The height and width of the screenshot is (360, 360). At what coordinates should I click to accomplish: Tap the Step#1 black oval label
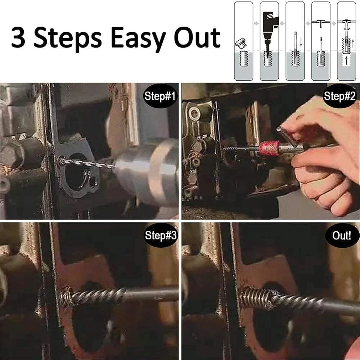(159, 96)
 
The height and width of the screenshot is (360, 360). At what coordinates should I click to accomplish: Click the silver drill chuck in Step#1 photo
(144, 169)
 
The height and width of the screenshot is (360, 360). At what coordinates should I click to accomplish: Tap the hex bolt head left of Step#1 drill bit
(13, 153)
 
